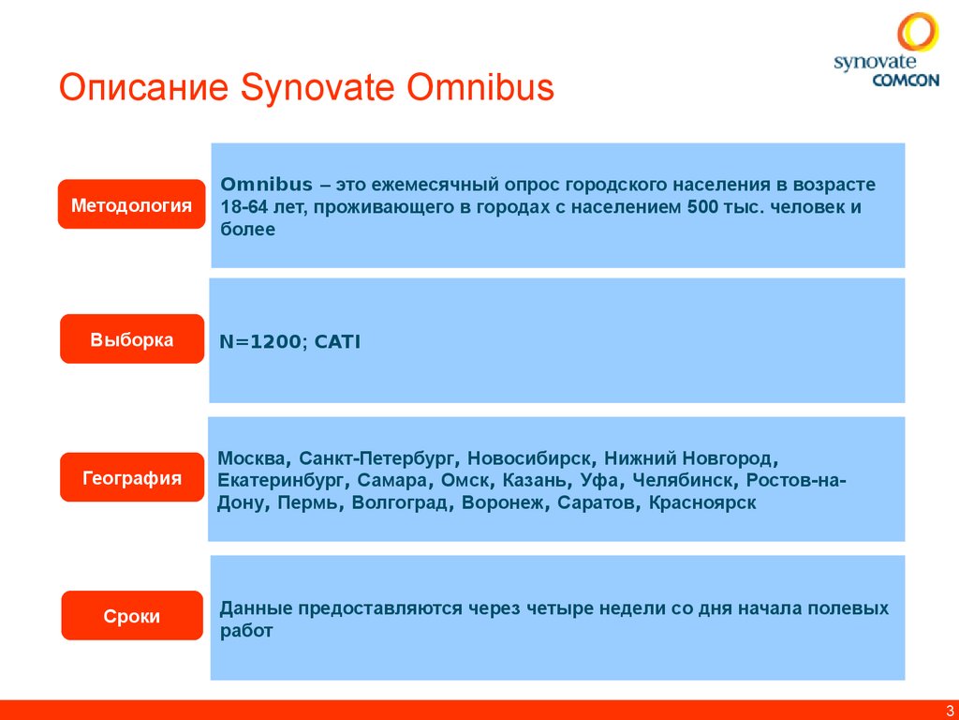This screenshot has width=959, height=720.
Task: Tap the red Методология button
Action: click(131, 204)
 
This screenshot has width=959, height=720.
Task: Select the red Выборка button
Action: click(131, 339)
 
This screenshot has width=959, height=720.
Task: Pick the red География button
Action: click(131, 478)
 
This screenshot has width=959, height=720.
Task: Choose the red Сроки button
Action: click(131, 616)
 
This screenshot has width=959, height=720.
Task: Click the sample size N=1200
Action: click(260, 342)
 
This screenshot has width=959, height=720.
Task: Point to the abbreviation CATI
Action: click(337, 342)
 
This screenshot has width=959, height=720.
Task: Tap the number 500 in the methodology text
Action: click(702, 206)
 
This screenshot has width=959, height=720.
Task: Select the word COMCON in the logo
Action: click(906, 81)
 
